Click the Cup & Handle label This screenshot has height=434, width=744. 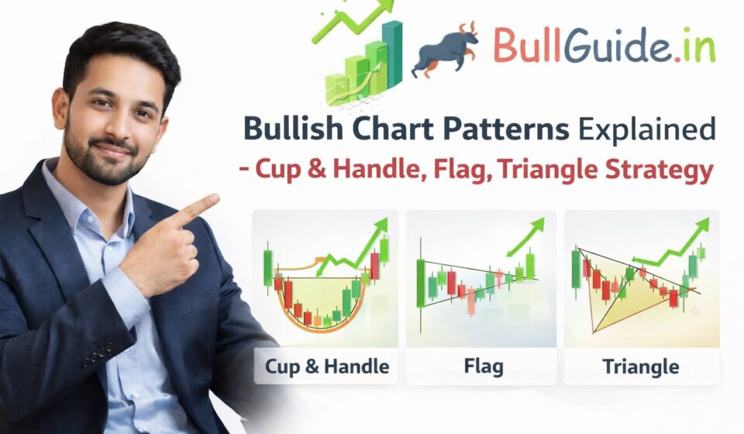(x=325, y=366)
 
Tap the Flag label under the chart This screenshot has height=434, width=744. (x=481, y=366)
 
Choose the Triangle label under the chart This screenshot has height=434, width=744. (x=640, y=366)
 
